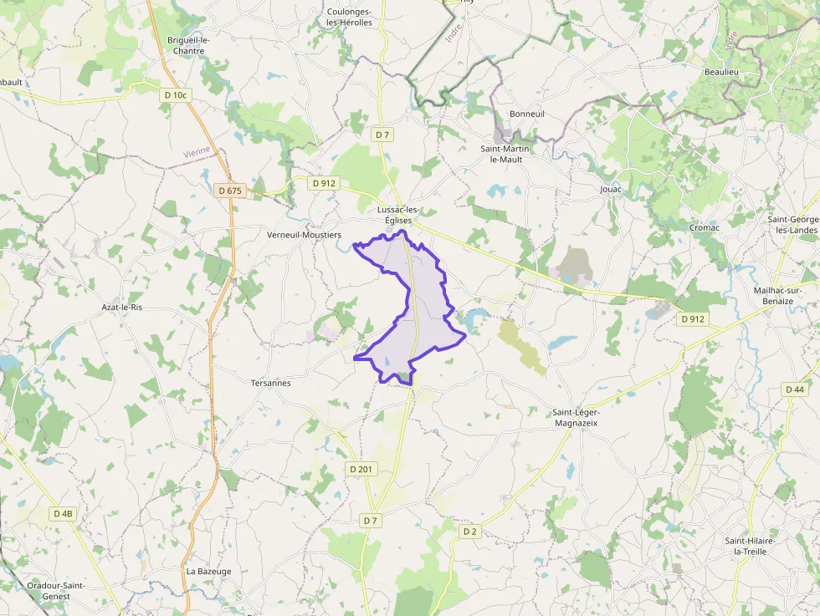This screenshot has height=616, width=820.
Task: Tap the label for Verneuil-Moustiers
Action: point(304,235)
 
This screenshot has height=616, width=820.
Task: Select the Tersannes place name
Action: point(271,383)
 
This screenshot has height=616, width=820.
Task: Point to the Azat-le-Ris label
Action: point(122,308)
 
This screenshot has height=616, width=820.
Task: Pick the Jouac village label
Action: point(611,190)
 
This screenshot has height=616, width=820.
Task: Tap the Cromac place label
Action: point(704,227)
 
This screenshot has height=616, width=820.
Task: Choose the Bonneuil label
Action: point(527,114)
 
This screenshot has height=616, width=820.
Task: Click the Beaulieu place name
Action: point(721,73)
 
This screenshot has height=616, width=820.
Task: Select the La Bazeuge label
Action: point(208,572)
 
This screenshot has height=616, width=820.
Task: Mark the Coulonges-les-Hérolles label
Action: point(350,17)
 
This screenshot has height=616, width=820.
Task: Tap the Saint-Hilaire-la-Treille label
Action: point(750,546)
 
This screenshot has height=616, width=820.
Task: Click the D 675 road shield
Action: point(229,191)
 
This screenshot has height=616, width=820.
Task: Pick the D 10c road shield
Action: point(177,95)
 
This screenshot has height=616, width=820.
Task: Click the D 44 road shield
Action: point(795,389)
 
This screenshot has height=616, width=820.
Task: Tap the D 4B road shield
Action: point(63,514)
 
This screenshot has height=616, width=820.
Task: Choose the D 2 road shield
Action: point(469,531)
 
